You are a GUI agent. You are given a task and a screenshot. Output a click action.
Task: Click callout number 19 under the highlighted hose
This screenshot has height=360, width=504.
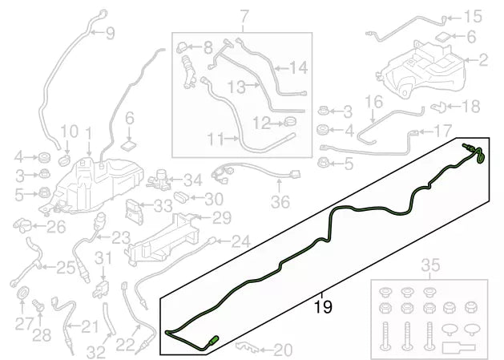[322, 305]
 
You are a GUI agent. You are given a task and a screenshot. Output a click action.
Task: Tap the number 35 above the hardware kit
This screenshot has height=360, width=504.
[430, 265]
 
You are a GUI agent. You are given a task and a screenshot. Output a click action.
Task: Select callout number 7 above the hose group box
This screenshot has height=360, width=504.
[244, 16]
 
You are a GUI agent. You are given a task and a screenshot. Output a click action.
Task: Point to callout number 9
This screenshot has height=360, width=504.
[109, 33]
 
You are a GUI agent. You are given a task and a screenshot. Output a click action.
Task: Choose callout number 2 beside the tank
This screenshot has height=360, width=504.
[482, 59]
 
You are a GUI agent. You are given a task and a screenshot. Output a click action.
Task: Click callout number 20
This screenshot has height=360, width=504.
[284, 350]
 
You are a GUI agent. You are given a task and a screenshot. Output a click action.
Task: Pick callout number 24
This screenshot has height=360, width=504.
[240, 241]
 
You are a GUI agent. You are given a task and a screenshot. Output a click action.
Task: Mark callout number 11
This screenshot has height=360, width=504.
[215, 140]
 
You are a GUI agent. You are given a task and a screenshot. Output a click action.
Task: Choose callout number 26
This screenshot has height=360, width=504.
[55, 228]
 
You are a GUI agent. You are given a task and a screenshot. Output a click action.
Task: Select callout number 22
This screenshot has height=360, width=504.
[123, 345]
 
